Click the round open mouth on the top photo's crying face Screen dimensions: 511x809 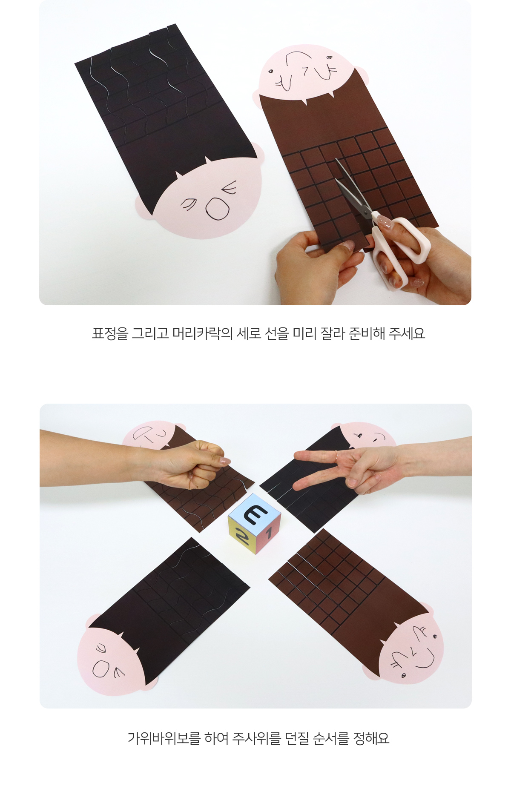(x=218, y=209)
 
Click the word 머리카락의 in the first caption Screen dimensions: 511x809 (x=202, y=333)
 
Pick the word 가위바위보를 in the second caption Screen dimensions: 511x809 (x=164, y=738)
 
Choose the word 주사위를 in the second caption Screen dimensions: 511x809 (x=256, y=738)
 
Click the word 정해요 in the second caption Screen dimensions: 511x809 (x=371, y=738)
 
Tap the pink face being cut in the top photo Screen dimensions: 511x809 (x=309, y=72)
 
